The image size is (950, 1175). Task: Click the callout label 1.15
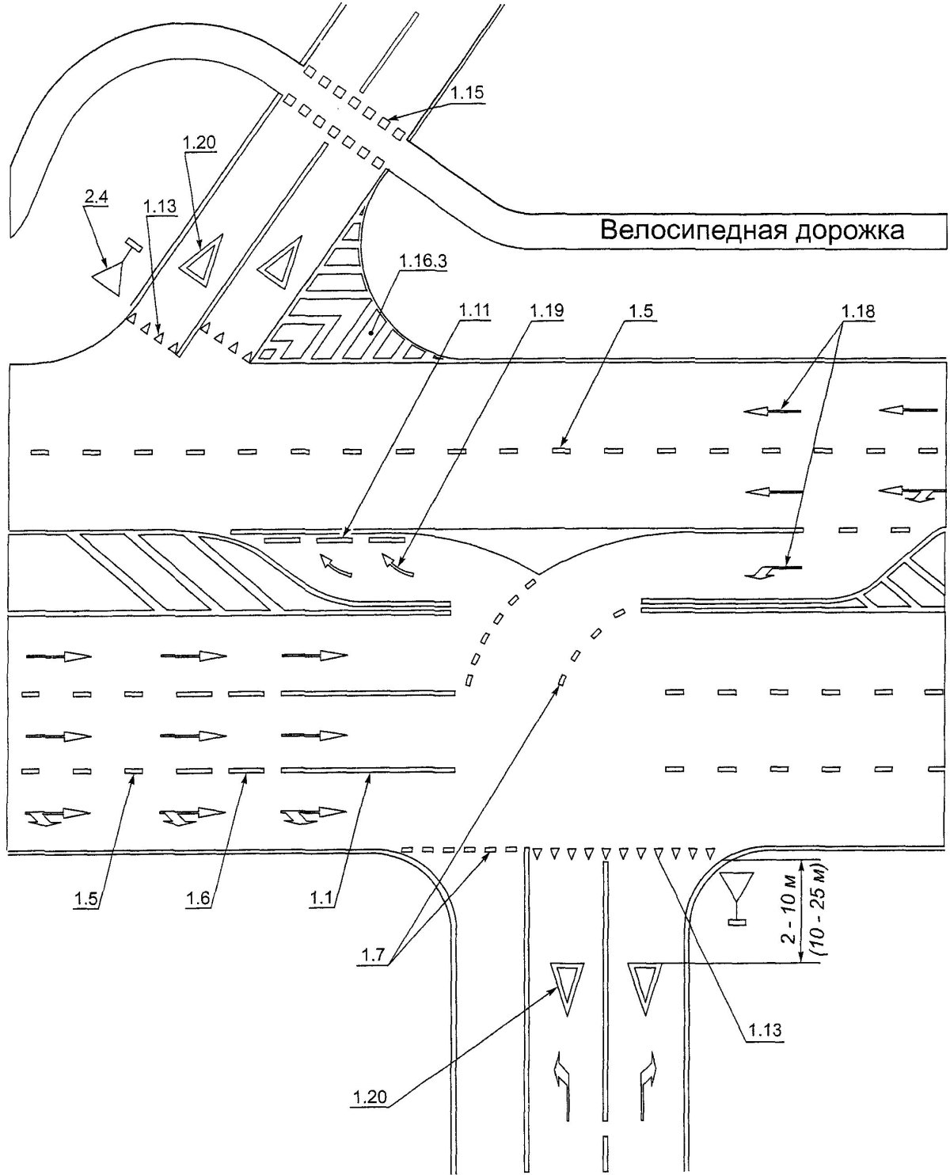tap(467, 93)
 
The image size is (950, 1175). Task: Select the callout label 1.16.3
tap(423, 261)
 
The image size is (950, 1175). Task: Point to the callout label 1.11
tap(474, 310)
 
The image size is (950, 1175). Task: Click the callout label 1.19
tap(546, 310)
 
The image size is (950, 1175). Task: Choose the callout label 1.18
tap(857, 312)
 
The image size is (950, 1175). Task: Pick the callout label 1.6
tap(198, 899)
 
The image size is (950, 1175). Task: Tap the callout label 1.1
tap(321, 899)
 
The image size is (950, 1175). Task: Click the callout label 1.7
tap(374, 955)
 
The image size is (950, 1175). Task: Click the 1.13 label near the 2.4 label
tap(160, 207)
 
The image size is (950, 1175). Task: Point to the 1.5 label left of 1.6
tap(86, 899)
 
